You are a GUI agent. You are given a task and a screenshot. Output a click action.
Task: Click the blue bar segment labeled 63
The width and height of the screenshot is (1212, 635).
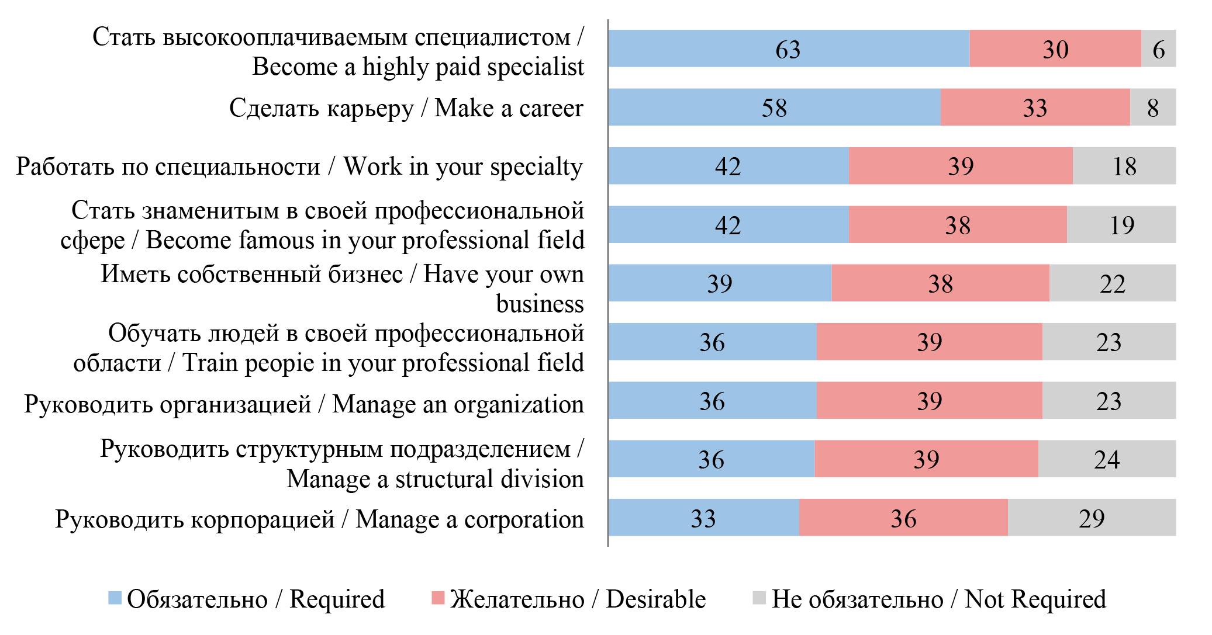[x=788, y=48]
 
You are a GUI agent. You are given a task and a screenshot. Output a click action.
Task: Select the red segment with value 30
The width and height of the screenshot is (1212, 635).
[x=1055, y=48]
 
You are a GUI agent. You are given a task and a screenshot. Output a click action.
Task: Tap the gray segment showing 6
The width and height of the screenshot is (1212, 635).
[x=1158, y=48]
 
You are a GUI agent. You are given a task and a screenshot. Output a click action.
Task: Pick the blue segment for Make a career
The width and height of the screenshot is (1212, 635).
[x=774, y=107]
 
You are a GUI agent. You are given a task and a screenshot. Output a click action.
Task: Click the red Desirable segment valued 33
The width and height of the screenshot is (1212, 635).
[x=1035, y=107]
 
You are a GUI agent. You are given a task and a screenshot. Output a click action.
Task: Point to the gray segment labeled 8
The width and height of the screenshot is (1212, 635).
[x=1152, y=107]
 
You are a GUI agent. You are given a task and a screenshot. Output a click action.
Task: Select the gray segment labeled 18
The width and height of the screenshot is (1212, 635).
[x=1124, y=166]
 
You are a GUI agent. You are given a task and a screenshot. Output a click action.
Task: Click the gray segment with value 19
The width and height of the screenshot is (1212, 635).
[x=1121, y=225]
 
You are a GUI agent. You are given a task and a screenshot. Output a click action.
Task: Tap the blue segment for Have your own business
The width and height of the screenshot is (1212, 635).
[x=719, y=283]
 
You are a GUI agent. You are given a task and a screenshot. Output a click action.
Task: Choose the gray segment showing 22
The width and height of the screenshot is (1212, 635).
[x=1112, y=283]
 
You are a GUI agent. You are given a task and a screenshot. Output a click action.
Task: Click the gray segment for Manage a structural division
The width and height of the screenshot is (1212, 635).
[x=1106, y=459]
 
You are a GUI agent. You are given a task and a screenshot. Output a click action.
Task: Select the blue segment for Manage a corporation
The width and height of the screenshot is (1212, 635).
[x=703, y=518]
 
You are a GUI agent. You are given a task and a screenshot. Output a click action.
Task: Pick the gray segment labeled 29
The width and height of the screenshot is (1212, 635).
[x=1091, y=518]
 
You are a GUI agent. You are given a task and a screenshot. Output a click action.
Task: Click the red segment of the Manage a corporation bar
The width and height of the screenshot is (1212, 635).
[x=903, y=518]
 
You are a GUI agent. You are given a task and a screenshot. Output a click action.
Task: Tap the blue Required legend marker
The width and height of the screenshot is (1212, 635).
[x=115, y=598]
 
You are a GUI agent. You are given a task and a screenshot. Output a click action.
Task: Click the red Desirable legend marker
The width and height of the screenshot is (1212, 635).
[x=438, y=598]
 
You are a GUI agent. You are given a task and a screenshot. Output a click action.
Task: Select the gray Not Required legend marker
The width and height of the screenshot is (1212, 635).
[x=759, y=598]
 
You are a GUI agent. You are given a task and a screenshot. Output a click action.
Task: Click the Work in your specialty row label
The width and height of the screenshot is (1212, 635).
[x=299, y=167]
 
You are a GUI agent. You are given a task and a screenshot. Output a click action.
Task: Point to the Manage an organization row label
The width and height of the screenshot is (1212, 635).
[x=303, y=404]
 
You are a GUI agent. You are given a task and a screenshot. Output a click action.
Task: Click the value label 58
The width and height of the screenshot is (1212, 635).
[x=774, y=108]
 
